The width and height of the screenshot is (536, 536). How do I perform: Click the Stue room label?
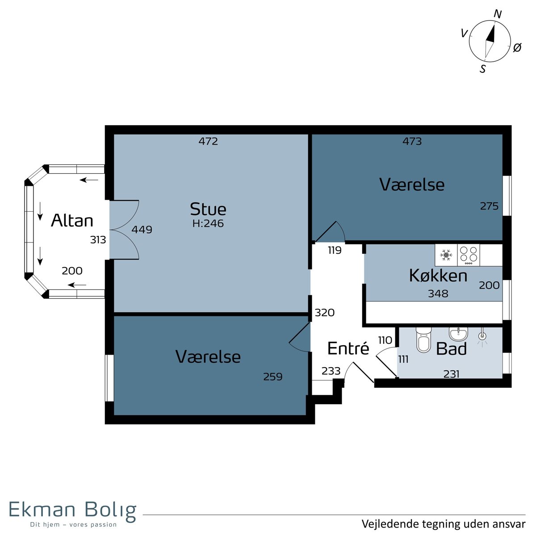pos(208,209)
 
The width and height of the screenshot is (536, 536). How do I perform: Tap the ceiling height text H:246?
pos(208,223)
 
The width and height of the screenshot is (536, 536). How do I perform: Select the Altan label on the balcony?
pos(72,221)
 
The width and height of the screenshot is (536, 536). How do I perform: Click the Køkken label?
pos(438,276)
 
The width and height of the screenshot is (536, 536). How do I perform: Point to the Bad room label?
pos(451,349)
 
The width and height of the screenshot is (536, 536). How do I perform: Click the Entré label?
pos(348,348)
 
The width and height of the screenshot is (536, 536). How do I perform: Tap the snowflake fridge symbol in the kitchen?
pos(446,255)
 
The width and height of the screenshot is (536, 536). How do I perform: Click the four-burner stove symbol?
pos(469,255)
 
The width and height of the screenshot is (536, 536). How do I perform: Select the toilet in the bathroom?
pos(423,340)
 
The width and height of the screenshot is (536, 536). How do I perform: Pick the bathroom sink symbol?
pos(458,334)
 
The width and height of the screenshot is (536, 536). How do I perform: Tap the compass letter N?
pos(497,14)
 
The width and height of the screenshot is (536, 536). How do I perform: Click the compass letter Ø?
pos(517,47)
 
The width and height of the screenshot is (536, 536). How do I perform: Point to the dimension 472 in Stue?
pos(208,142)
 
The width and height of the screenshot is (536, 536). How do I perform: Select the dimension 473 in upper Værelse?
pos(412,142)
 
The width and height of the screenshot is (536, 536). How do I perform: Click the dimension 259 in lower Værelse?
pos(273,377)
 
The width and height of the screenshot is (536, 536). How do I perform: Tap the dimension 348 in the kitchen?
pos(438,294)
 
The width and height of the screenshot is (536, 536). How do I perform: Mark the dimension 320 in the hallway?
pos(325,313)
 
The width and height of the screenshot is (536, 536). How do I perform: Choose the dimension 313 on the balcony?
pos(98,240)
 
